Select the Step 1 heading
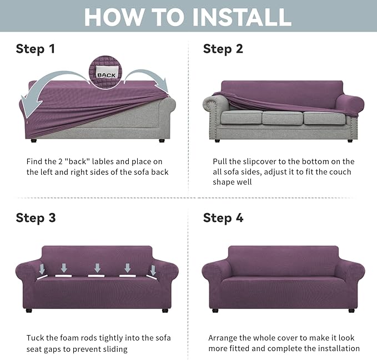[x=36, y=49]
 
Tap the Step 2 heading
[x=223, y=49]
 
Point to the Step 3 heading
[x=36, y=217]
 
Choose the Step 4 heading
[x=223, y=217]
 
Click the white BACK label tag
[x=105, y=74]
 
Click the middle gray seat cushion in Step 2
[x=282, y=118]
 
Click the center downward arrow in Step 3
[x=98, y=268]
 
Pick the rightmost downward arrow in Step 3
[x=152, y=270]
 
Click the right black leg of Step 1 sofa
[x=162, y=141]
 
